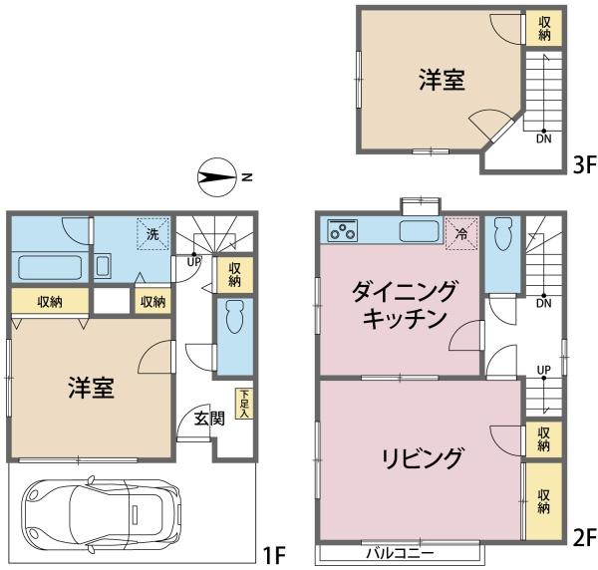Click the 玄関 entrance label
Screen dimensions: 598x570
[209, 419]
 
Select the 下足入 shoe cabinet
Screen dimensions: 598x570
[244, 404]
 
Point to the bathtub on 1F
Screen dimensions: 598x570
[50, 268]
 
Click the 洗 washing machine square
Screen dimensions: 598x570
[152, 233]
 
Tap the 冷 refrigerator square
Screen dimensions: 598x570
[461, 234]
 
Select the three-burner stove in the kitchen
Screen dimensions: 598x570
[343, 230]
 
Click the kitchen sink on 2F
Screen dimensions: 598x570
[420, 231]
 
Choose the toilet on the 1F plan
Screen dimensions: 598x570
[234, 317]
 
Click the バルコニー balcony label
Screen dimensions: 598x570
[400, 553]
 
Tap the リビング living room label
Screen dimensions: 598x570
[423, 458]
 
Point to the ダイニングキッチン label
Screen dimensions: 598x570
[405, 304]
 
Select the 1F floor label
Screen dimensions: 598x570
[275, 555]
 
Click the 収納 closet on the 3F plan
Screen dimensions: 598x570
[544, 28]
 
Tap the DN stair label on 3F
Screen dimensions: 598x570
[544, 139]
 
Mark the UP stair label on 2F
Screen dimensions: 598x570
[544, 370]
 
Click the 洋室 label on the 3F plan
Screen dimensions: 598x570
[442, 80]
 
